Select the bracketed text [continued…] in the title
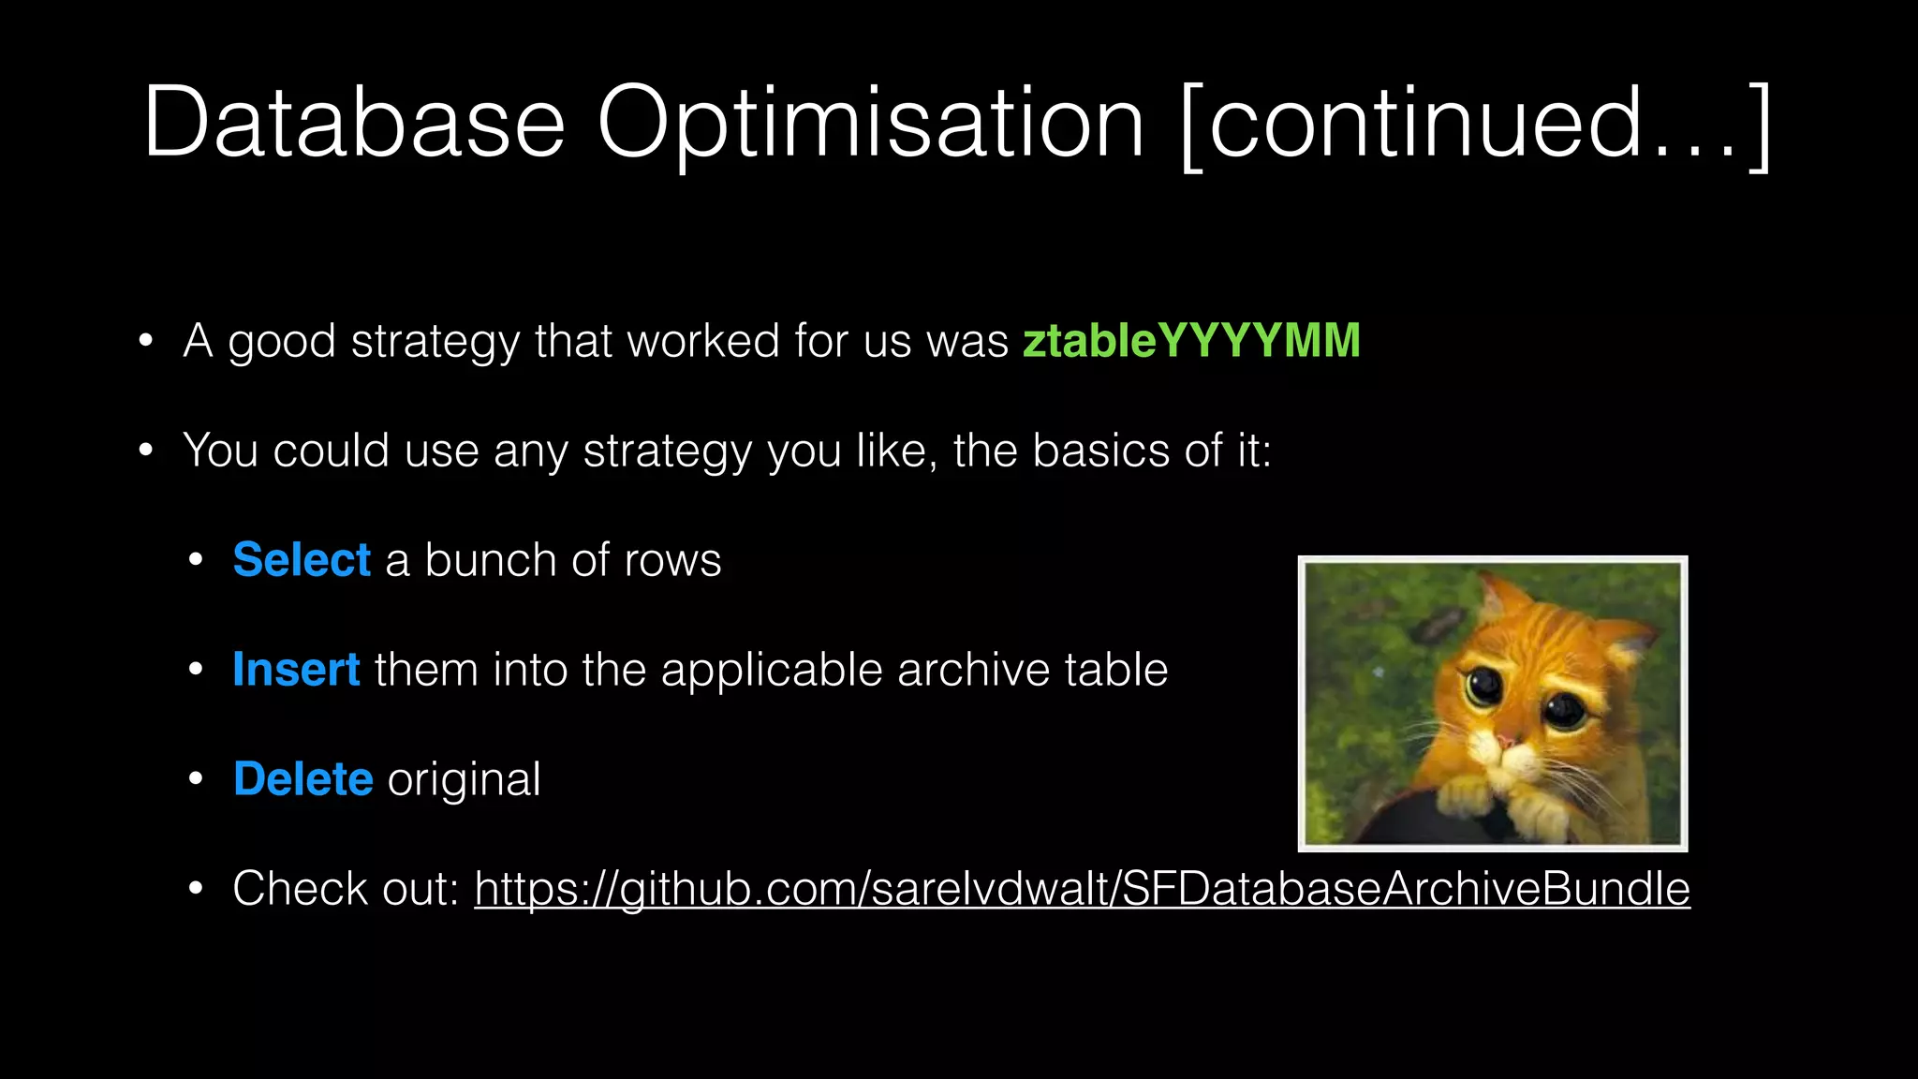pyautogui.click(x=1475, y=124)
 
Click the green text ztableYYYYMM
pyautogui.click(x=1190, y=340)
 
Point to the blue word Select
pyautogui.click(x=302, y=560)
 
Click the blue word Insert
pyautogui.click(x=296, y=670)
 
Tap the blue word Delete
pyautogui.click(x=302, y=779)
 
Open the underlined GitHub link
pyautogui.click(x=1082, y=889)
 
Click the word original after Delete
pyautogui.click(x=464, y=779)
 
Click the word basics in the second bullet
pyautogui.click(x=1100, y=451)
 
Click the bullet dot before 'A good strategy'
pyautogui.click(x=145, y=341)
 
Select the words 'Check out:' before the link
pyautogui.click(x=346, y=889)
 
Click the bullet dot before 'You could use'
pyautogui.click(x=145, y=451)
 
